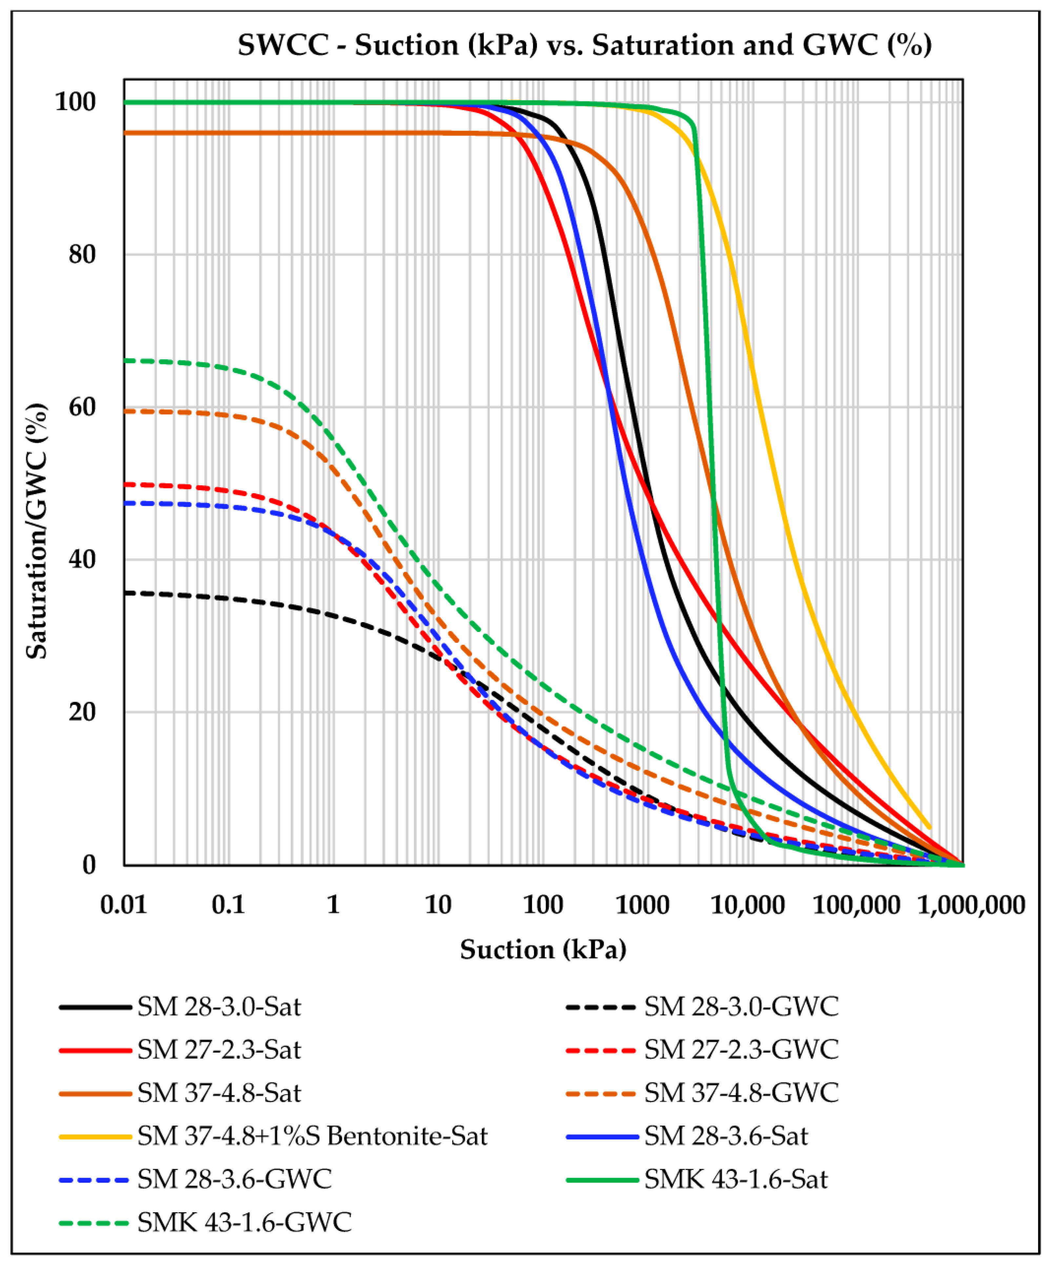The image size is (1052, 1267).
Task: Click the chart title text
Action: [584, 45]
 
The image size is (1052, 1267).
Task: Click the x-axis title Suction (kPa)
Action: [543, 950]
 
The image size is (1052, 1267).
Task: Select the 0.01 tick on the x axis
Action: [124, 905]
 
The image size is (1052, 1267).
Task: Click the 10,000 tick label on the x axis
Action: [748, 905]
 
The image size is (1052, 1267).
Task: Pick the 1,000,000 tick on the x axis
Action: [971, 905]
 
